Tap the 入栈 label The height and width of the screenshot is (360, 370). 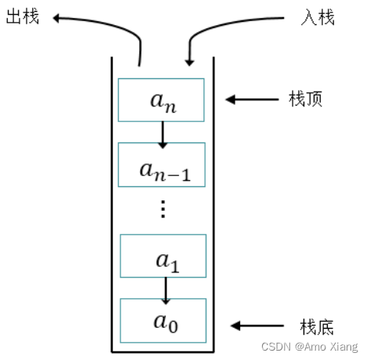click(x=318, y=16)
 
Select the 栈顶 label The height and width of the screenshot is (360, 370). click(x=306, y=99)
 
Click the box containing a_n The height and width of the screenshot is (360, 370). click(x=161, y=99)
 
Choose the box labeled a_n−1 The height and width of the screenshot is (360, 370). click(x=161, y=164)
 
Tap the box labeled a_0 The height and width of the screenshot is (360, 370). click(x=163, y=321)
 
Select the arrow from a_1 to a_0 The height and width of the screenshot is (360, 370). click(x=165, y=289)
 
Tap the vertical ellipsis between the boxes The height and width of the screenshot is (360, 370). click(x=163, y=209)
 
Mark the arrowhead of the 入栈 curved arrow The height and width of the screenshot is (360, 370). click(x=189, y=61)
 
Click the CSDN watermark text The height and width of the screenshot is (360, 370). click(x=307, y=346)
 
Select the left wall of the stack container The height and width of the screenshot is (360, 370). click(x=112, y=203)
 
